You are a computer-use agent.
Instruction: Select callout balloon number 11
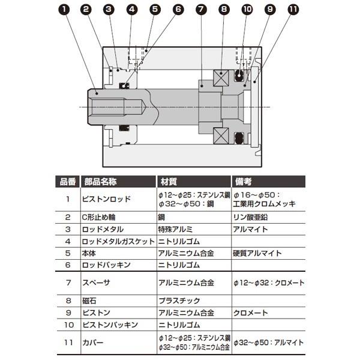(292, 10)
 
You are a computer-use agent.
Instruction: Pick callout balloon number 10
(247, 10)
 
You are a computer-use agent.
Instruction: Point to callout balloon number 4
(132, 10)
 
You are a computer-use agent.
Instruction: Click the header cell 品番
(68, 181)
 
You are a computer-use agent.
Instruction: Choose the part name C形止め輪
(97, 218)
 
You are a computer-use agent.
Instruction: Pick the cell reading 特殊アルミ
(174, 229)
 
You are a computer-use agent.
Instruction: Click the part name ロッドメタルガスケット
(115, 241)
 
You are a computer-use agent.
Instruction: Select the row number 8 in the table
(68, 301)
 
